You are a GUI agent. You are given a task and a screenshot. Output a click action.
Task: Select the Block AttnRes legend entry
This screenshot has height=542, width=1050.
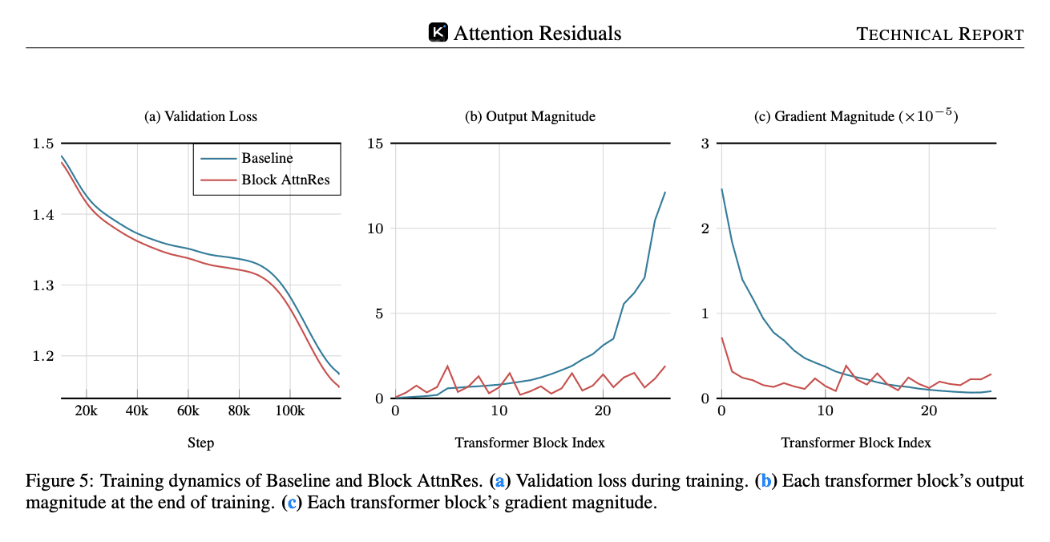[x=291, y=181]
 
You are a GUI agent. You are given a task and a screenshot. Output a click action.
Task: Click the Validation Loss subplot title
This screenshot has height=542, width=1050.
[x=200, y=116]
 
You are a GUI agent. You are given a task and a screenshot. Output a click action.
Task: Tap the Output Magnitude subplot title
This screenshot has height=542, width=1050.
[x=530, y=116]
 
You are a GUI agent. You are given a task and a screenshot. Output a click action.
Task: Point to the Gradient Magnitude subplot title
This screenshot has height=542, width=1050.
[x=856, y=116]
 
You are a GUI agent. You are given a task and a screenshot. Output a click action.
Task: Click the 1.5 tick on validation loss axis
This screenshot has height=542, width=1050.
[x=44, y=144]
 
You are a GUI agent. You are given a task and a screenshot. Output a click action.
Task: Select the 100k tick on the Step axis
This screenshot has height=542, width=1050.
[x=289, y=411]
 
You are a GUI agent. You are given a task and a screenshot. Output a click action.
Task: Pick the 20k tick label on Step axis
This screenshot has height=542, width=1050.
[x=86, y=411]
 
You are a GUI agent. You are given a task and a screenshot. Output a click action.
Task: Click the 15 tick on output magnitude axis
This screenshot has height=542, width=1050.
[x=377, y=144]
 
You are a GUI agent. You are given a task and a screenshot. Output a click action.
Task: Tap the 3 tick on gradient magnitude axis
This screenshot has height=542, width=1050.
[x=705, y=144]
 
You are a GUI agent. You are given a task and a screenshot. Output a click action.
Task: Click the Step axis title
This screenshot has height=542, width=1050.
[x=200, y=443]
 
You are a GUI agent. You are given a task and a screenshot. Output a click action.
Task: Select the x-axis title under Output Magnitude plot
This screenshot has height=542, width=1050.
[x=530, y=443]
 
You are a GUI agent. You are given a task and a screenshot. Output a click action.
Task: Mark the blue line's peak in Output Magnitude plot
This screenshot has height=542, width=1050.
[x=664, y=192]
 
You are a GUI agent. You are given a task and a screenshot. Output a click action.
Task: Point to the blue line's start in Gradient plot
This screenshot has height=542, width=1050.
[x=721, y=189]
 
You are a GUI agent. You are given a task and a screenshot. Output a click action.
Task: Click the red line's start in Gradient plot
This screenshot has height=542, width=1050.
[x=721, y=338]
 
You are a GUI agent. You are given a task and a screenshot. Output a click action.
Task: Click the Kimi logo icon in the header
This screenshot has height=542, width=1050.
[x=438, y=32]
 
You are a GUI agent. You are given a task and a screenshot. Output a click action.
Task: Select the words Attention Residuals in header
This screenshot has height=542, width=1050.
[x=537, y=33]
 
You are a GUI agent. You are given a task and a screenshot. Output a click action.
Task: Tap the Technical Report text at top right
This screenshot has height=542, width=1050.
[x=939, y=34]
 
